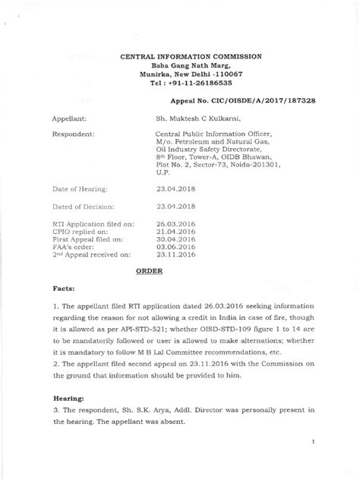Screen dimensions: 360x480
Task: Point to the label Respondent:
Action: pos(73,134)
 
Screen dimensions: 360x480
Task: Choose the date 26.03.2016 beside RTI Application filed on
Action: pos(175,225)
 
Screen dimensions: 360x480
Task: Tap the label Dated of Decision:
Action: pos(81,206)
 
